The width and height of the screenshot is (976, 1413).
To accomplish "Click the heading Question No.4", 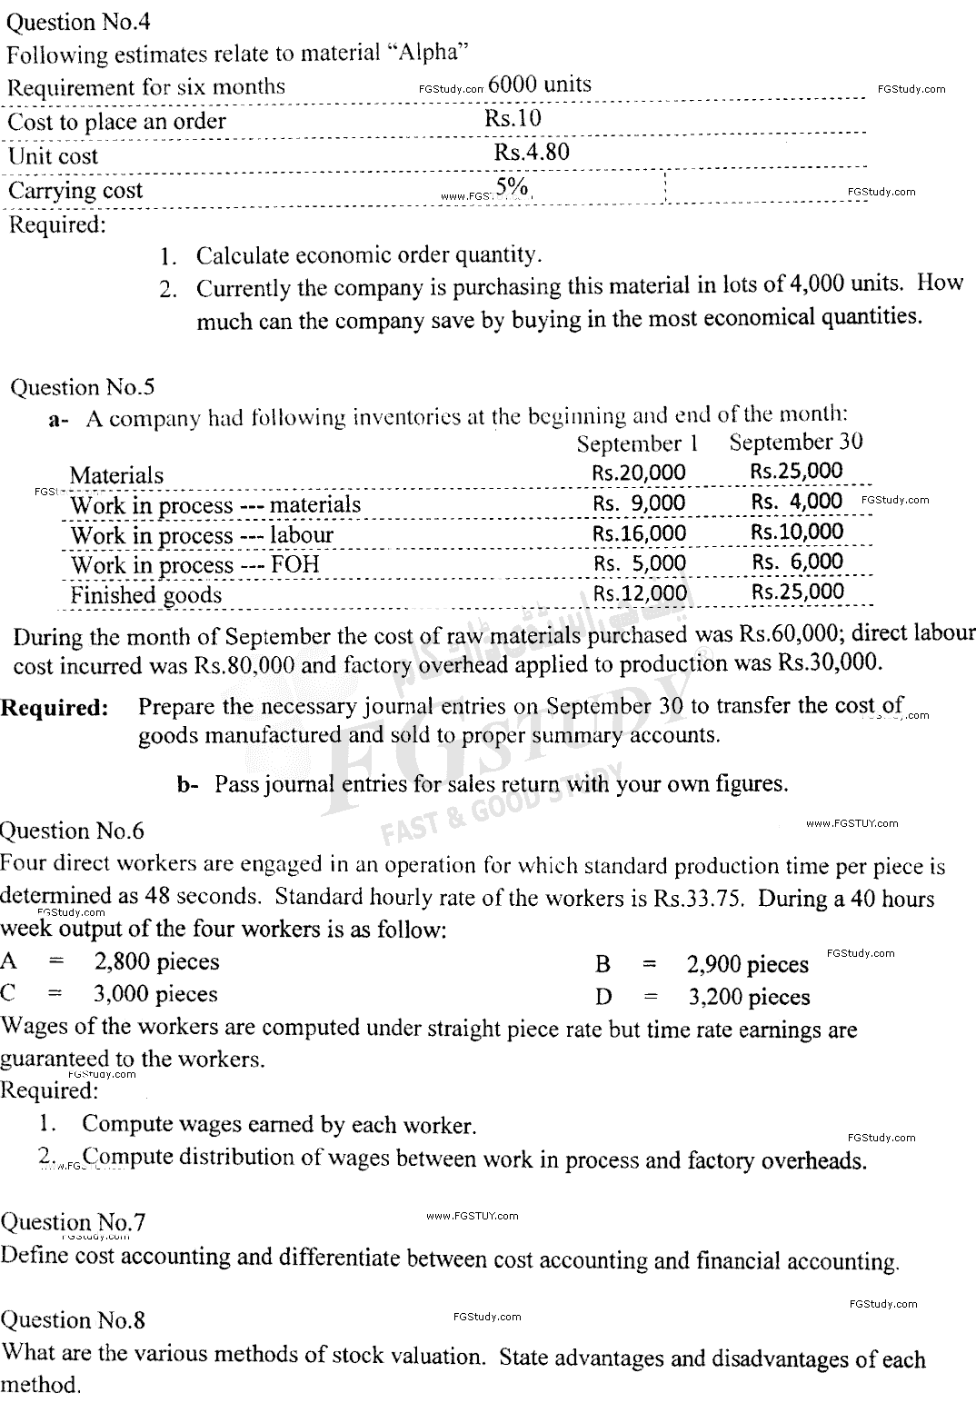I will pos(76,22).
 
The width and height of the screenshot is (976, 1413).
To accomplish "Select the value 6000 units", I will pos(540,85).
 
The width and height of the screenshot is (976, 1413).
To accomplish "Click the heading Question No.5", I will pos(82,387).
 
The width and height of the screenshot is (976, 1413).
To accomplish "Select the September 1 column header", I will pos(642,443).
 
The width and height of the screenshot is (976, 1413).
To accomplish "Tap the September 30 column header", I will pos(796,442).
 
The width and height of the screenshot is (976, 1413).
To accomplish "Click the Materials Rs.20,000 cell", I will pos(639,473).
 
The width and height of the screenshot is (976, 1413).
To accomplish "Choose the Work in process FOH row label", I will pos(194,565).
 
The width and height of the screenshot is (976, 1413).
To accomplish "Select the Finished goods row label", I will pos(145,595).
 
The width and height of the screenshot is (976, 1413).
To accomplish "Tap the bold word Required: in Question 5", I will pos(55,708).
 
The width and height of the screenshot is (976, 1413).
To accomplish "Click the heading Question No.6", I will pos(72,831).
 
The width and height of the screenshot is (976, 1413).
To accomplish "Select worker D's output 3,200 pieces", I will pos(749,997).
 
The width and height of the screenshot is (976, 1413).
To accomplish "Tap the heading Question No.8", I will pos(73,1319).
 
